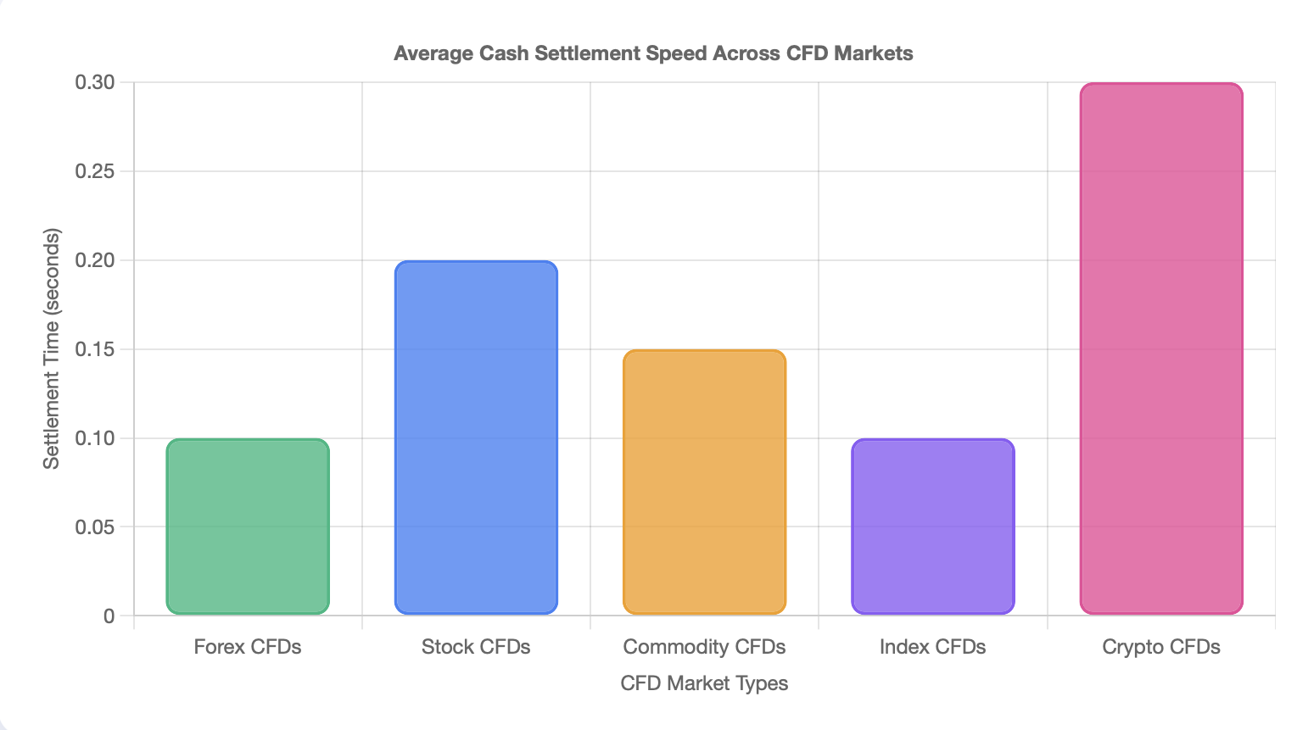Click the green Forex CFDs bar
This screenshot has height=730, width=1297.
pyautogui.click(x=248, y=527)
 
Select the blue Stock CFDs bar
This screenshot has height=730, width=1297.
pyautogui.click(x=476, y=437)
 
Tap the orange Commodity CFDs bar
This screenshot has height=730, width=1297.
pyautogui.click(x=704, y=482)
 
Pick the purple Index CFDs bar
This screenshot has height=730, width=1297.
pyautogui.click(x=932, y=527)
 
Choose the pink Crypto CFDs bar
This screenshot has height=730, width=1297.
pyautogui.click(x=1161, y=348)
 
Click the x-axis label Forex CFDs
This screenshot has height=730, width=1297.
pyautogui.click(x=248, y=647)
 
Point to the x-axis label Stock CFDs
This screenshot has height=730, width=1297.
pyautogui.click(x=476, y=647)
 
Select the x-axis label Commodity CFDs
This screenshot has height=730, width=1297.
pyautogui.click(x=704, y=647)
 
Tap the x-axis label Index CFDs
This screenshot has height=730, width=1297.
pyautogui.click(x=932, y=647)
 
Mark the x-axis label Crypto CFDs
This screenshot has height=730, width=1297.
pyautogui.click(x=1161, y=647)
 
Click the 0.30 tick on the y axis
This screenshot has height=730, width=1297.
pyautogui.click(x=94, y=82)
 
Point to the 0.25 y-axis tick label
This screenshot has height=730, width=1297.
pyautogui.click(x=94, y=171)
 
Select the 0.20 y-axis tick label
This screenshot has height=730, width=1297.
pyautogui.click(x=94, y=260)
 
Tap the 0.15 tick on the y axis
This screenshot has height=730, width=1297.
pyautogui.click(x=94, y=349)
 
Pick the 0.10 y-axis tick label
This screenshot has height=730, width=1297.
pyautogui.click(x=94, y=438)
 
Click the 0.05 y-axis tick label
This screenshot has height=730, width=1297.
pyautogui.click(x=94, y=527)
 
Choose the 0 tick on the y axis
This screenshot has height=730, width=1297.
pyautogui.click(x=109, y=616)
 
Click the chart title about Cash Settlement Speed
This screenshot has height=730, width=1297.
pyautogui.click(x=653, y=53)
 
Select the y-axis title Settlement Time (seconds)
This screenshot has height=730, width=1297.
pyautogui.click(x=52, y=348)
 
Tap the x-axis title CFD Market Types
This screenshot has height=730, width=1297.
pyautogui.click(x=704, y=683)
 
